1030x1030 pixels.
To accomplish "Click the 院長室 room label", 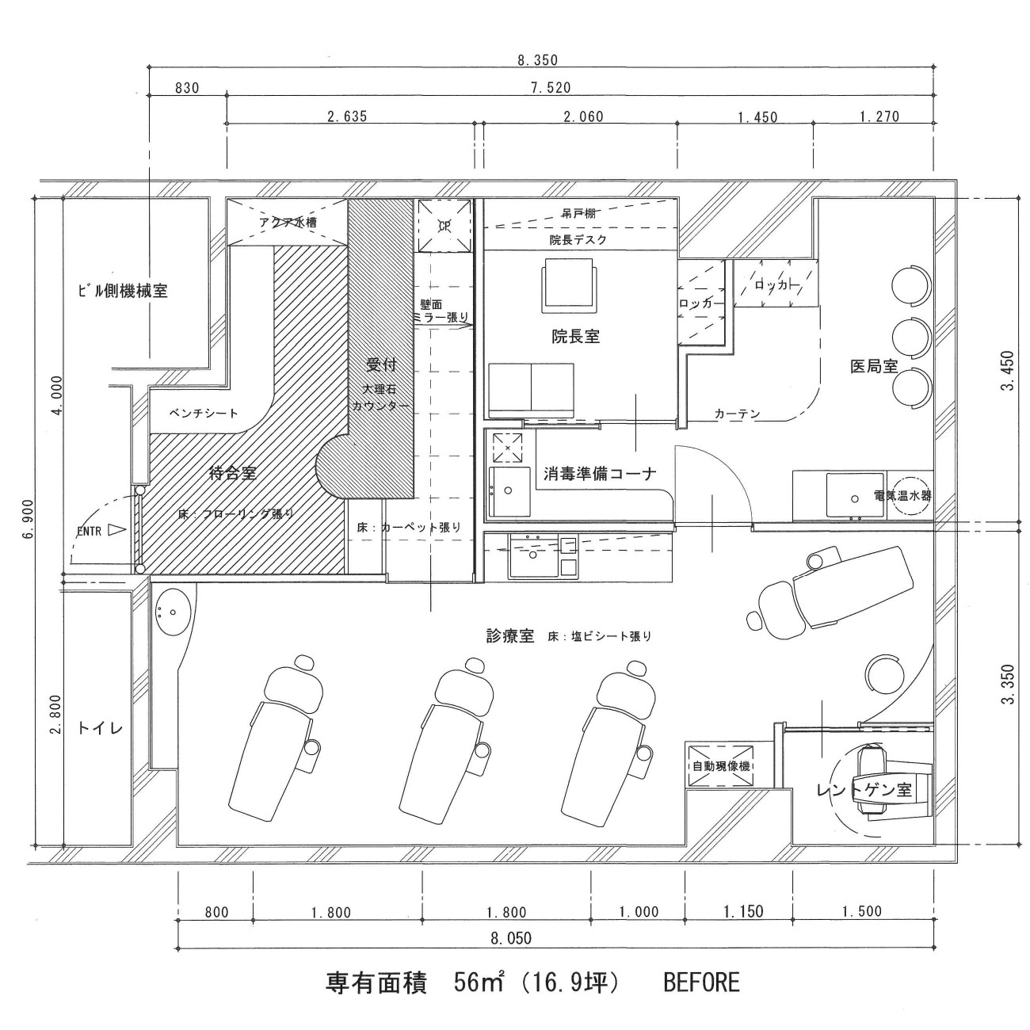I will click(575, 336).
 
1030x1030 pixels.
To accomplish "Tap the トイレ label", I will click(101, 727).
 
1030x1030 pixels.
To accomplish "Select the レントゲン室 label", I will click(864, 790).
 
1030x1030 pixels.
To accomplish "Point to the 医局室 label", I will click(873, 367).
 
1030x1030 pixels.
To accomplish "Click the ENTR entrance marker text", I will click(89, 532).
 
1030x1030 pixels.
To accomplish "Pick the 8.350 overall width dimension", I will click(537, 60).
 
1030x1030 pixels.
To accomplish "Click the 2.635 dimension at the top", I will click(347, 116).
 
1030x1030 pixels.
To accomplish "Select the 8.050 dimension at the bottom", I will click(511, 938).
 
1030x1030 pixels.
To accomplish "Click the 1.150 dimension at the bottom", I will click(743, 911).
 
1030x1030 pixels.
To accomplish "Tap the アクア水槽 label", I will click(288, 223).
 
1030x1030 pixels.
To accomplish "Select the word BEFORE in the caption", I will click(700, 983).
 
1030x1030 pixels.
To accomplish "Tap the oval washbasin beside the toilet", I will click(170, 611).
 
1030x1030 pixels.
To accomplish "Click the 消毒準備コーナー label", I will click(600, 474).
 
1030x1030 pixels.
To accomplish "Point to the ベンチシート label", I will click(204, 413).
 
